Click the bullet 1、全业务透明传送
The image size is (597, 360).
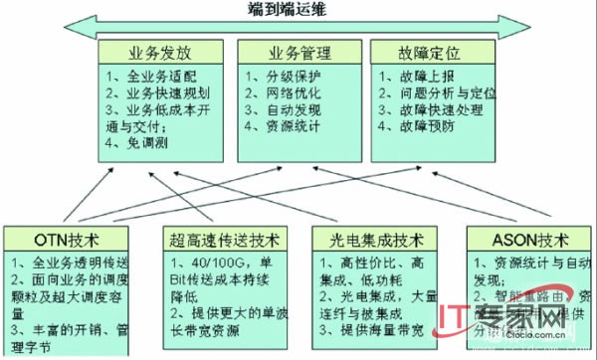[68, 263]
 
